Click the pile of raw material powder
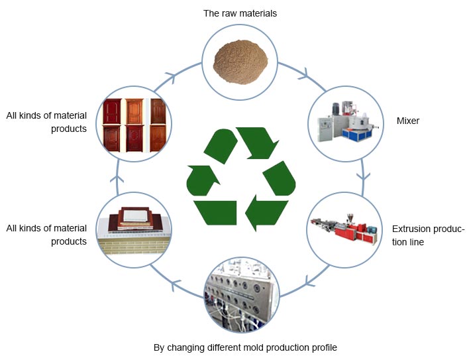[x=239, y=58]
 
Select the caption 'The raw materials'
[x=240, y=13]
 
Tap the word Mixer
[x=409, y=121]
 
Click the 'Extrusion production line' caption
[x=427, y=235]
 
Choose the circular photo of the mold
[x=242, y=295]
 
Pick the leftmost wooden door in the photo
[x=113, y=124]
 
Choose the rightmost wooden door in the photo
[x=157, y=124]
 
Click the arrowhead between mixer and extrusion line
[x=362, y=177]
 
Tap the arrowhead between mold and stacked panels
[x=174, y=285]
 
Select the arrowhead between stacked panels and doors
[x=119, y=178]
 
